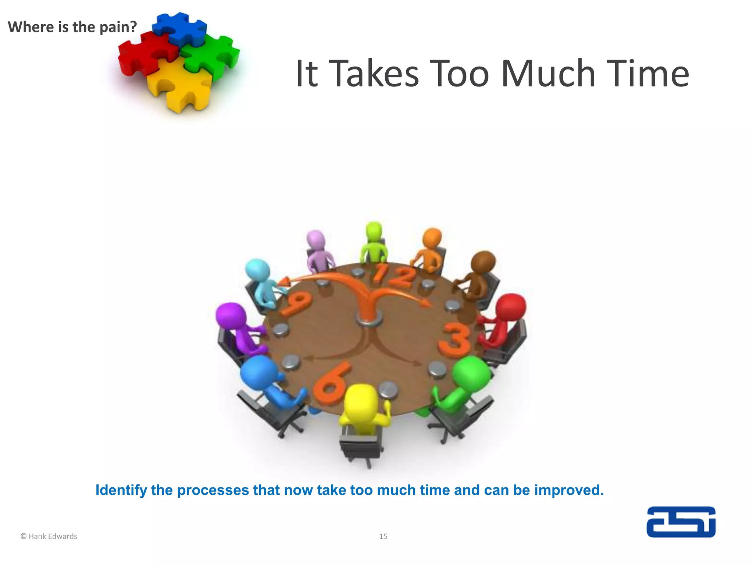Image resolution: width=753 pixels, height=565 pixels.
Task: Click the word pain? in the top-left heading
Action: (118, 27)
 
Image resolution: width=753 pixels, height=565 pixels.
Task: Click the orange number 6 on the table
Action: (331, 384)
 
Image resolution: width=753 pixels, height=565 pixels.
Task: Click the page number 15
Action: (383, 536)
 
